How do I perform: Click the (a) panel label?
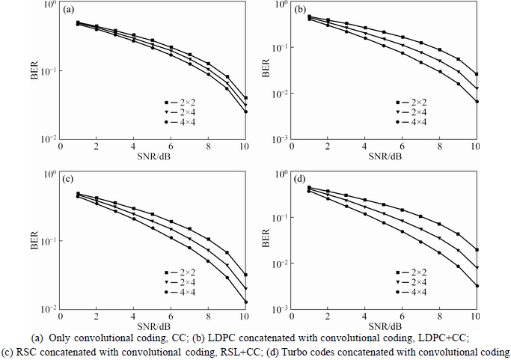tap(69, 10)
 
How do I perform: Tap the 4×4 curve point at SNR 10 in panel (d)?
tap(477, 286)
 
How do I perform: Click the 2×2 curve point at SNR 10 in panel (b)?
tap(477, 74)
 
